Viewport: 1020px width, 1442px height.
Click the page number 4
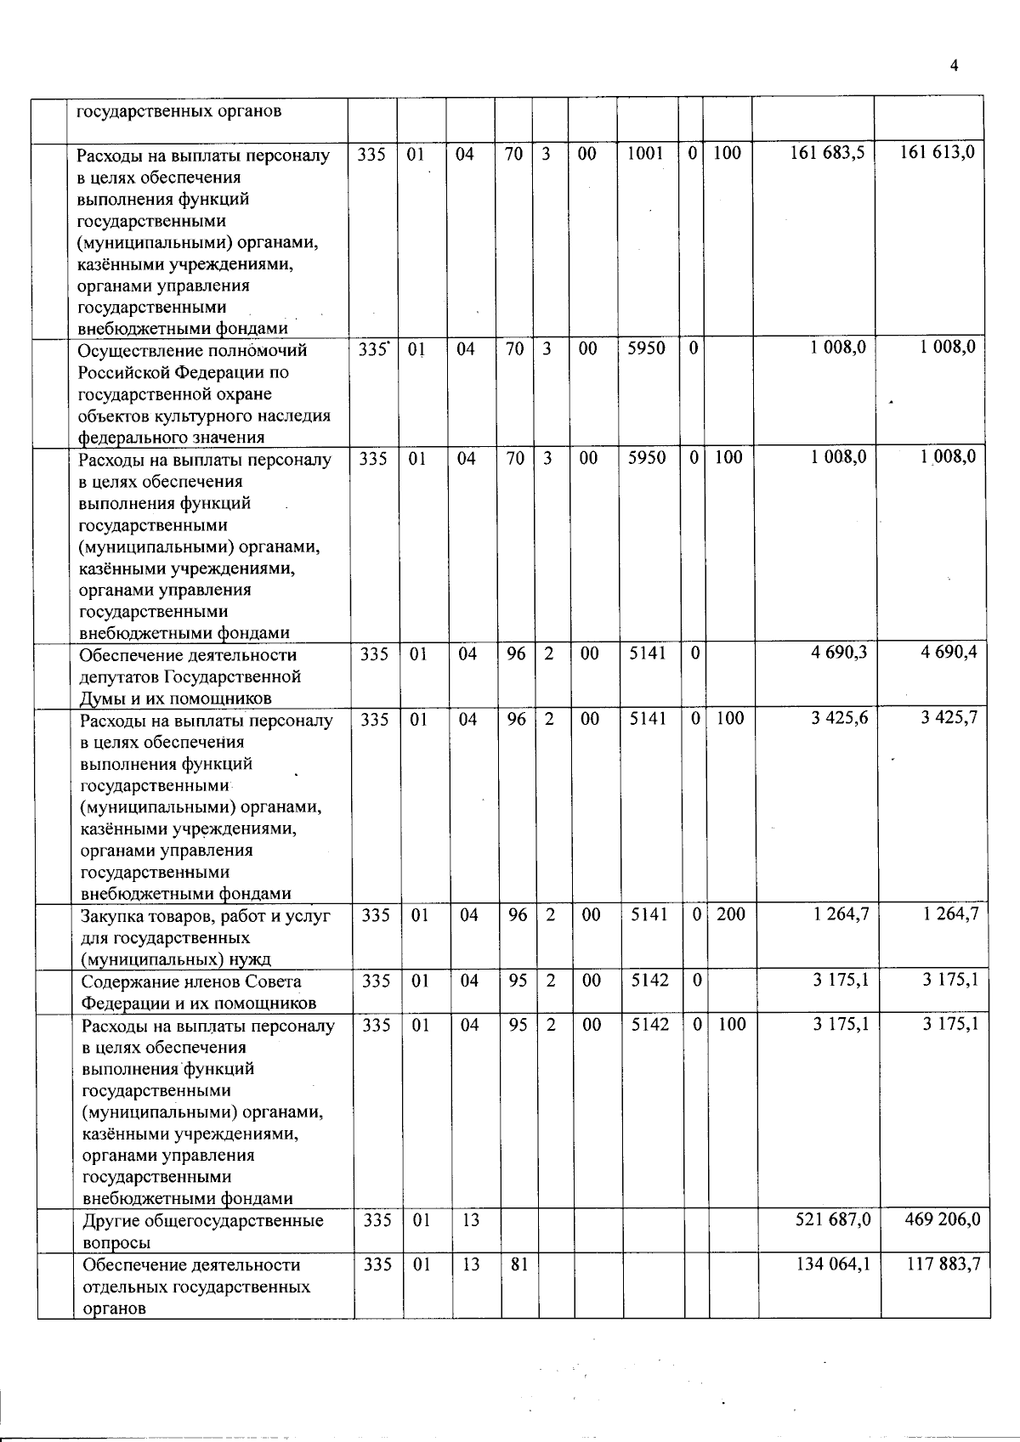click(955, 66)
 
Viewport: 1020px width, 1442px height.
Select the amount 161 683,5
click(827, 153)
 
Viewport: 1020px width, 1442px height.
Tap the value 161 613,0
click(937, 152)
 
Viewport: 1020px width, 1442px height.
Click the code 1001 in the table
click(644, 153)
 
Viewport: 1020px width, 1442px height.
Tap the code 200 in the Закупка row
click(730, 914)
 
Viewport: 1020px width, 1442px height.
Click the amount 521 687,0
click(833, 1219)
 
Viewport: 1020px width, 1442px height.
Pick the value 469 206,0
click(943, 1219)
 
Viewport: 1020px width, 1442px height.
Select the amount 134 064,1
click(833, 1264)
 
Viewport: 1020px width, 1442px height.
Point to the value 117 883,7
click(943, 1264)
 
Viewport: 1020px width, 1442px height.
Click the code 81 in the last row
click(518, 1264)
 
